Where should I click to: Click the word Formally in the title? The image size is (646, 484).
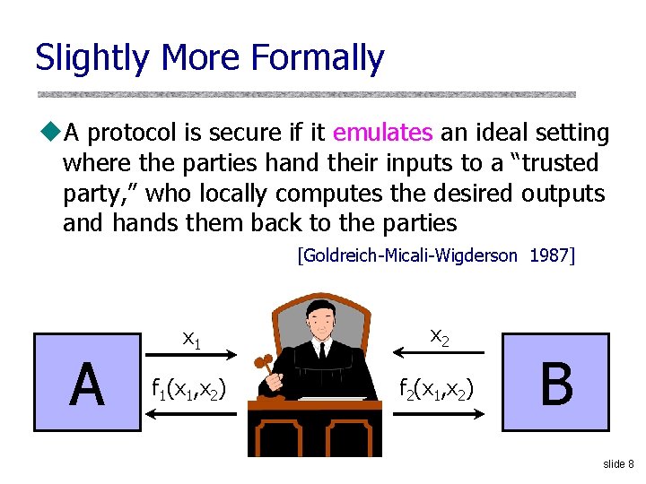[318, 58]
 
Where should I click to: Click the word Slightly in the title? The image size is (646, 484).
[92, 58]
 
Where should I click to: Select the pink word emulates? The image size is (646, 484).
[382, 134]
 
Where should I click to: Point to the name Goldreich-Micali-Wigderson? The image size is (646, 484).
[407, 255]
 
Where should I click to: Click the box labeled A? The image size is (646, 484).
[86, 383]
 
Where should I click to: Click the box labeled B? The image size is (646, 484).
[556, 383]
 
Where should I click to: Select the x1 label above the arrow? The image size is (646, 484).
[191, 338]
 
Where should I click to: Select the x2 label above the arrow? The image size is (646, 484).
[440, 336]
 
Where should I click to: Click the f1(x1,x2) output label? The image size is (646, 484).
[189, 388]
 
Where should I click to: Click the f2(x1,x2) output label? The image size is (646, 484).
[439, 388]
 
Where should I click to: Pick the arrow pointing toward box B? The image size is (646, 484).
[440, 412]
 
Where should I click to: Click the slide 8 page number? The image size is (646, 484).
[618, 463]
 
